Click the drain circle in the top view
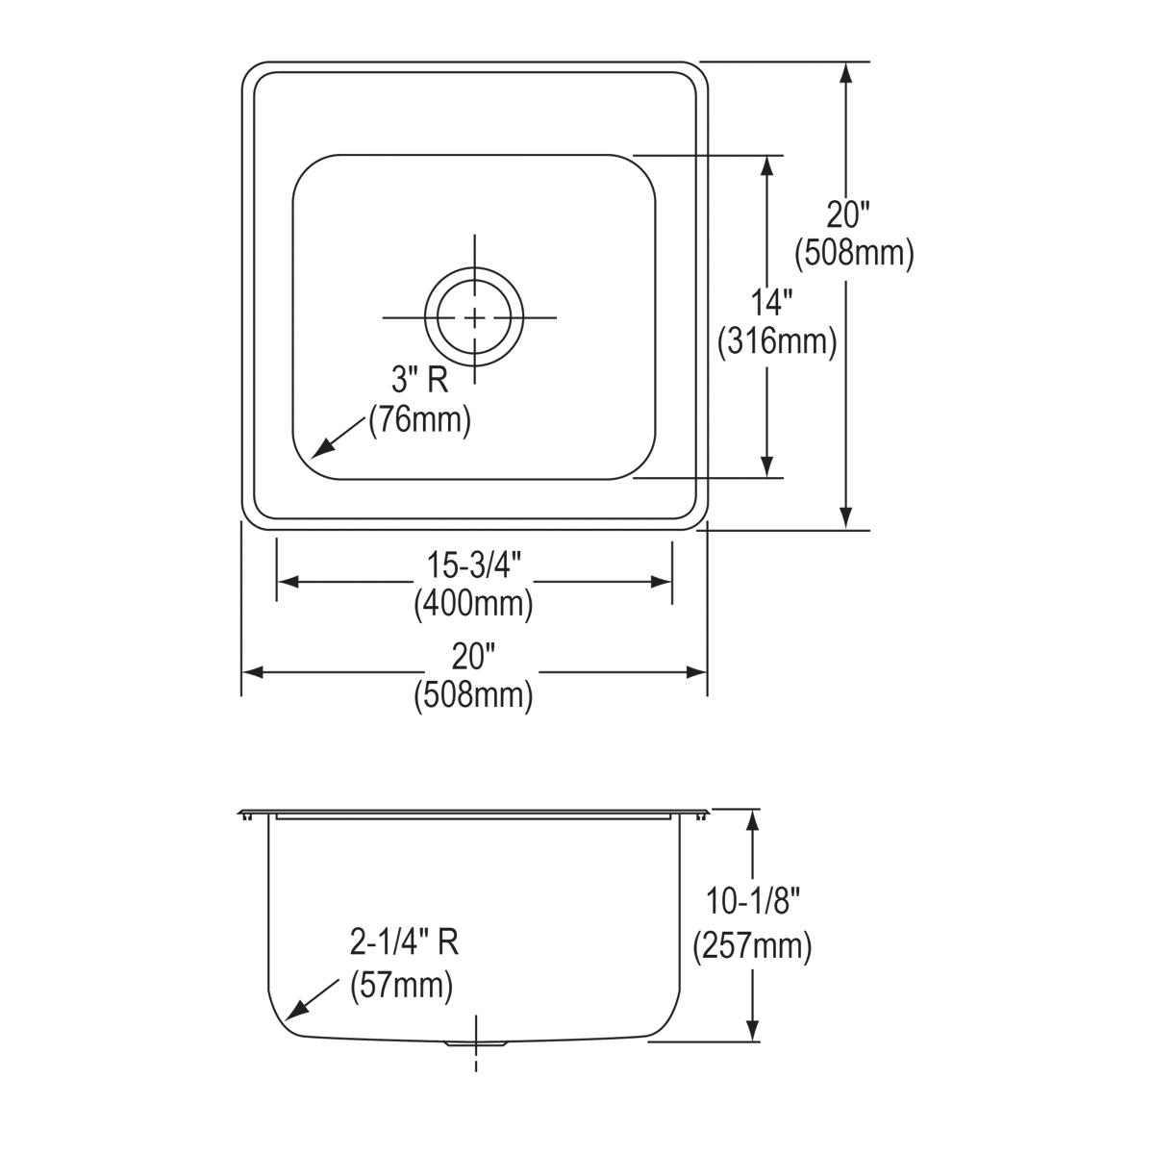coord(475,317)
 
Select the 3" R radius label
coord(419,381)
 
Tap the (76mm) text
coord(420,421)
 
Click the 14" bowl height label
coord(771,304)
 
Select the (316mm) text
coord(777,341)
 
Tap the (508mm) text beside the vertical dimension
coord(854,253)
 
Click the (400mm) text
coord(474,605)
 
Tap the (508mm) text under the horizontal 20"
coord(474,694)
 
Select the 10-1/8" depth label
coord(754,903)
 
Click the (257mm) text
coord(753,946)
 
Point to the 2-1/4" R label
coord(404,944)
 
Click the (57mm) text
coord(402,986)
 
